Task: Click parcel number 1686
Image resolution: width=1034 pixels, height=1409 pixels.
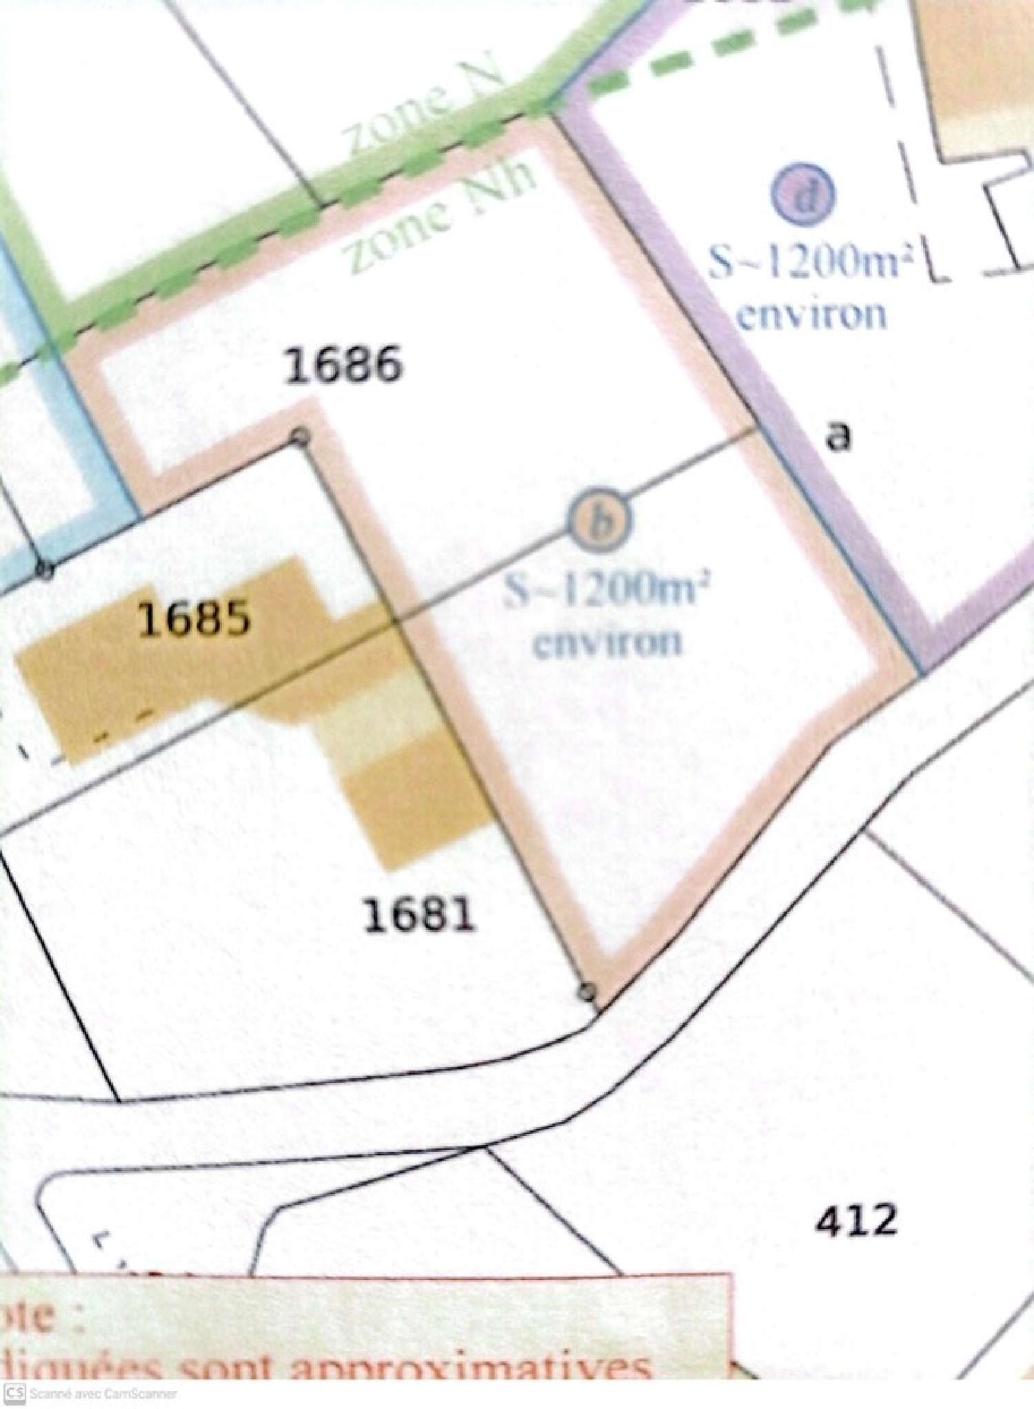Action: (343, 365)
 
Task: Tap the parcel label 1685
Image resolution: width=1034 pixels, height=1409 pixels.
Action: (194, 618)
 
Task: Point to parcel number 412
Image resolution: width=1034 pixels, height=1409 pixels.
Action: (856, 1220)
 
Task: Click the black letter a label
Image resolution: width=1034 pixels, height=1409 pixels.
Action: (839, 437)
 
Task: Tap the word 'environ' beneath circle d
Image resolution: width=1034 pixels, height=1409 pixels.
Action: (811, 315)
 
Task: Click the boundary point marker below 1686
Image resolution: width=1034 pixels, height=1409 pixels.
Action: (301, 437)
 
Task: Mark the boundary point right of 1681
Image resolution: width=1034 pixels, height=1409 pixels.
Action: (587, 991)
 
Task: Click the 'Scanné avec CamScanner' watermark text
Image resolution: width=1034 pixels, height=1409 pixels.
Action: (103, 1399)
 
